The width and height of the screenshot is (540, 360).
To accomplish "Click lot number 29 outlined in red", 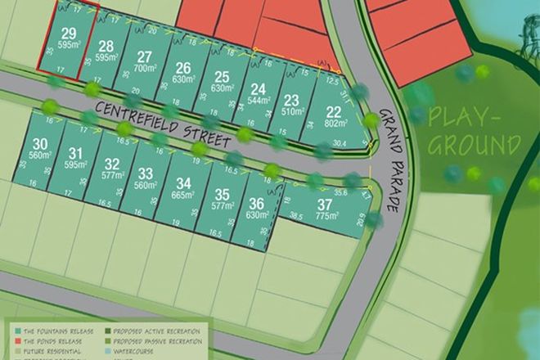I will [x=70, y=34].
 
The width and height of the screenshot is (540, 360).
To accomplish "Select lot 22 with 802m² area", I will [x=332, y=113].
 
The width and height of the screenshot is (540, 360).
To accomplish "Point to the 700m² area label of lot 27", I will [x=145, y=69].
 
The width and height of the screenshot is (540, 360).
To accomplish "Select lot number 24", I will [x=258, y=89].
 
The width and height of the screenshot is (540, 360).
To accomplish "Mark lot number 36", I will [x=257, y=205].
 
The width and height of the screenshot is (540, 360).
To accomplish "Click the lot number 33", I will [x=146, y=173].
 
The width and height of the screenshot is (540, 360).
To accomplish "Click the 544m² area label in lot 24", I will [x=258, y=101].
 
